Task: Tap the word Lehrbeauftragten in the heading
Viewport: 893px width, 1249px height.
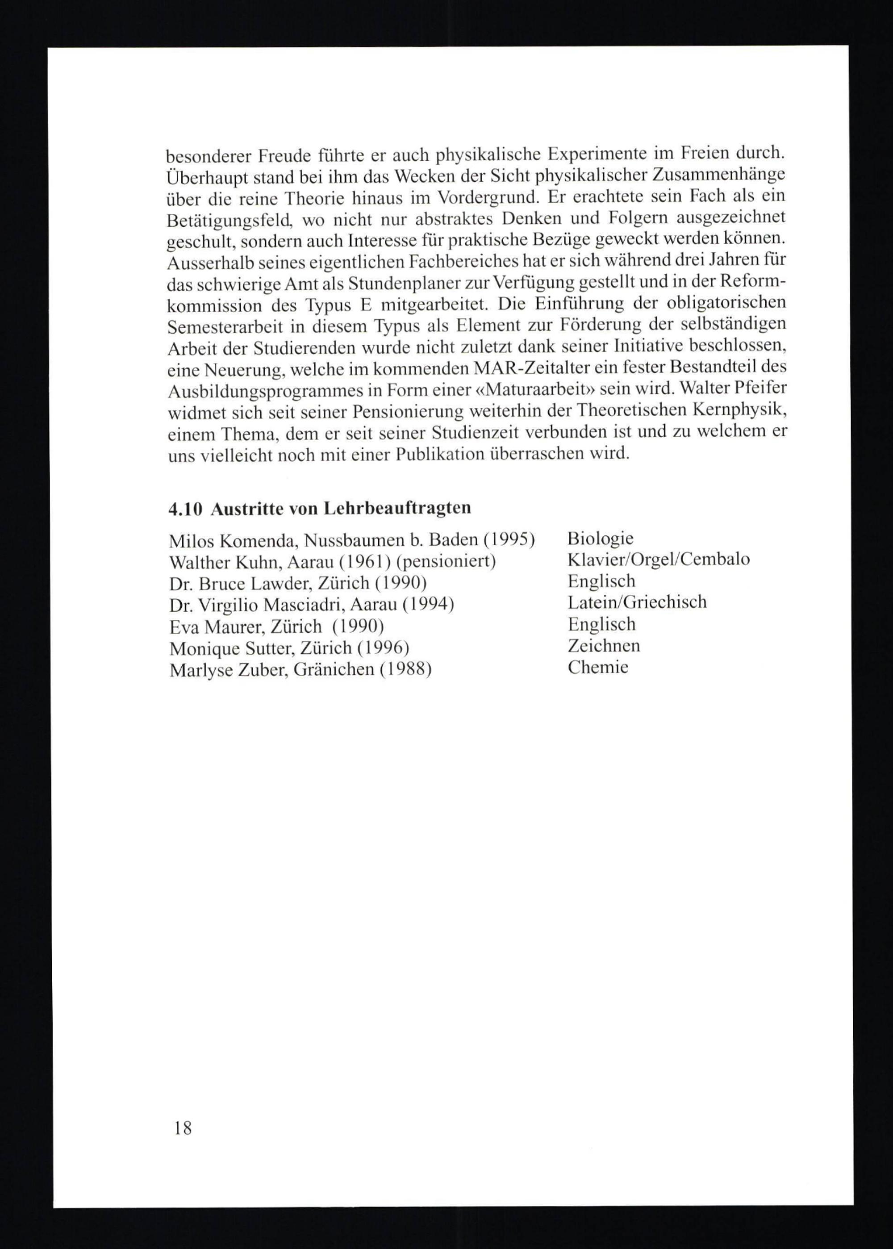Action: coord(397,508)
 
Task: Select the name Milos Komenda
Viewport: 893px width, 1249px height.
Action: coord(233,541)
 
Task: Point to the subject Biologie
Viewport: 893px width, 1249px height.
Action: coord(600,539)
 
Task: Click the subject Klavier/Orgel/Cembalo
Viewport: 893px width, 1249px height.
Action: coord(658,560)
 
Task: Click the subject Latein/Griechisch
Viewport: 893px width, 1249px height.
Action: coord(637,602)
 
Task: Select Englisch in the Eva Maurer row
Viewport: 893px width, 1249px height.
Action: coord(601,624)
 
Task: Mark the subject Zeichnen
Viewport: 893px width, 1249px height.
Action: coord(603,646)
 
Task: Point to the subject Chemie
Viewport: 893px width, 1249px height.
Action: coord(598,668)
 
